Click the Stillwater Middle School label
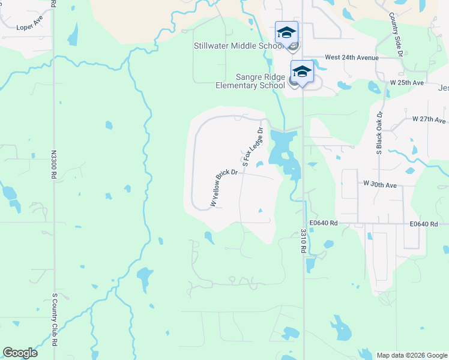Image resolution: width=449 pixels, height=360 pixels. (x=238, y=46)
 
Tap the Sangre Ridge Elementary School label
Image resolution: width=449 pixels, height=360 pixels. (x=250, y=82)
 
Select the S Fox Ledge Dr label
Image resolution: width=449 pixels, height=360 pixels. (x=253, y=146)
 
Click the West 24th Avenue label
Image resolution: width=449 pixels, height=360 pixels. (x=351, y=58)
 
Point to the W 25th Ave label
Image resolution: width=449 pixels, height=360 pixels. (x=407, y=82)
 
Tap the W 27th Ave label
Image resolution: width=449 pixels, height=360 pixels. (x=429, y=119)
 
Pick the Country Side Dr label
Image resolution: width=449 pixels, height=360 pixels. (x=395, y=35)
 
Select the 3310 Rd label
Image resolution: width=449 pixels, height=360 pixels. (x=304, y=241)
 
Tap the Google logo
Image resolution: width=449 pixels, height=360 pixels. (x=20, y=353)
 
